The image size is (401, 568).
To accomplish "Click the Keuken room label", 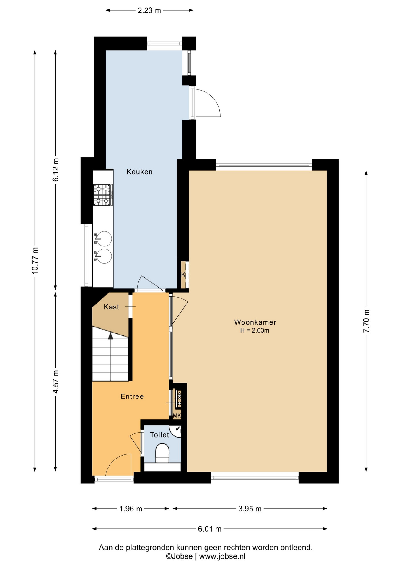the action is [139, 172].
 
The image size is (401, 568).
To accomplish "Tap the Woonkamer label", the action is [255, 322].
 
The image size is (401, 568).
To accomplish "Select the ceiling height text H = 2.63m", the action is [255, 330].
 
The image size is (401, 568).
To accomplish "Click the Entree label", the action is [132, 396].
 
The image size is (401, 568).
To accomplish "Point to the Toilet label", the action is [159, 435].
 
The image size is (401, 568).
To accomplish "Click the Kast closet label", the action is [111, 307].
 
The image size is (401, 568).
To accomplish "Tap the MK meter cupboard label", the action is [177, 416].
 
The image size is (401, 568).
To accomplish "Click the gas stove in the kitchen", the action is [103, 195].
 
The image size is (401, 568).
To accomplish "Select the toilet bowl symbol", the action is [162, 453].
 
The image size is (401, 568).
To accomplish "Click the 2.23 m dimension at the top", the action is [149, 10].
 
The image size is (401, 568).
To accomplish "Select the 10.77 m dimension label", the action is [35, 260].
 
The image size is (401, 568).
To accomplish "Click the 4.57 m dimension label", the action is [56, 382].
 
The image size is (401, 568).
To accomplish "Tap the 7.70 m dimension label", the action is [366, 321].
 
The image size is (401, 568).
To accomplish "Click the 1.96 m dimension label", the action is [131, 509].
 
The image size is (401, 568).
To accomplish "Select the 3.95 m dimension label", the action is [250, 509].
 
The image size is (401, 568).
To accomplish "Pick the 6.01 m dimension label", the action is [210, 529].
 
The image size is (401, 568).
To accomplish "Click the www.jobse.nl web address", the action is [222, 556].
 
